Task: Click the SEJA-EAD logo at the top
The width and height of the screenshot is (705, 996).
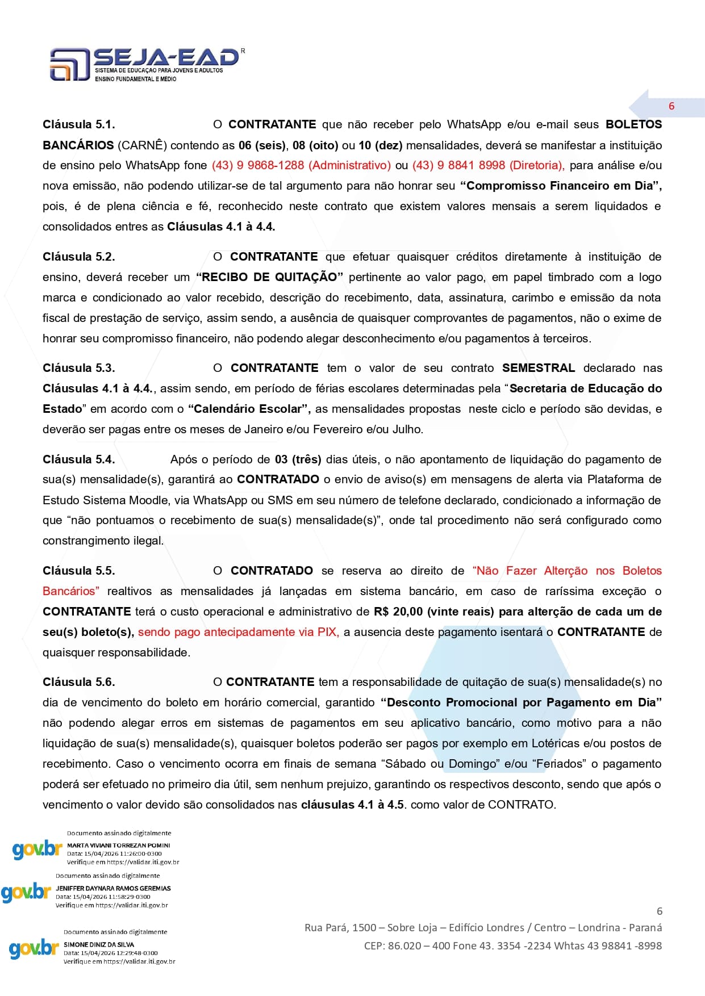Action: (x=145, y=64)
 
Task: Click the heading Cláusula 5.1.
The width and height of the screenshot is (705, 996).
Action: (x=78, y=124)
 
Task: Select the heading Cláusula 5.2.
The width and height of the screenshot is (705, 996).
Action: (x=78, y=257)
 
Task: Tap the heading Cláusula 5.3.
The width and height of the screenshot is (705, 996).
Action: (x=78, y=368)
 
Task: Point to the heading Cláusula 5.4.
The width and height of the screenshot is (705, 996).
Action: (x=78, y=459)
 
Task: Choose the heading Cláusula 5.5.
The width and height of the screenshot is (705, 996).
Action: (x=78, y=571)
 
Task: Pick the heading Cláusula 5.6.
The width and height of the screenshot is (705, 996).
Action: (x=78, y=682)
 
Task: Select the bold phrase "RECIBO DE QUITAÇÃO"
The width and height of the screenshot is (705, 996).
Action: (x=269, y=277)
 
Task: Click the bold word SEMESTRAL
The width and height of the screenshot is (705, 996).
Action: (x=538, y=368)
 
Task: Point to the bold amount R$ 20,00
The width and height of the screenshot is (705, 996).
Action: (x=398, y=612)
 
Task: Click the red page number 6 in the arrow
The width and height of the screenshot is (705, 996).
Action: (x=671, y=106)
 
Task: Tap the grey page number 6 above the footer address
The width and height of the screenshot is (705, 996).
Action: (x=659, y=911)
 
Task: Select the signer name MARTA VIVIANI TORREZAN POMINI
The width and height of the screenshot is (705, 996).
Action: (x=118, y=846)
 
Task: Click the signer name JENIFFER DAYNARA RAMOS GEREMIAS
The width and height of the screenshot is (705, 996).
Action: (x=113, y=888)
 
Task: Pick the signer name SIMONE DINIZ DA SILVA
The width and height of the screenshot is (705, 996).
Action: (x=99, y=945)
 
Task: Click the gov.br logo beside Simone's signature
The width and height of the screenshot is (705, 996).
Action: (x=34, y=949)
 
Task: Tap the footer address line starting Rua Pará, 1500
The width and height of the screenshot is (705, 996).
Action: (x=483, y=928)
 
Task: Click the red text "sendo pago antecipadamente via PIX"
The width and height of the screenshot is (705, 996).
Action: (x=238, y=632)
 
